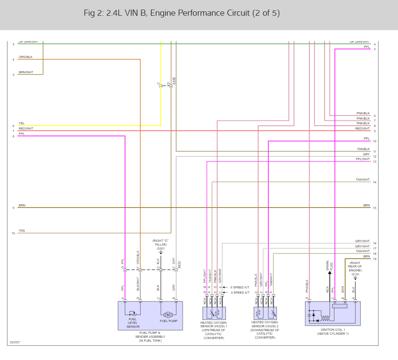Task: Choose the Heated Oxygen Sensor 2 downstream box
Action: click(265, 313)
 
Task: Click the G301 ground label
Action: click(161, 248)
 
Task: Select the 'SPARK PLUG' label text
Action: click(330, 266)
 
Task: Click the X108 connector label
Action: click(174, 81)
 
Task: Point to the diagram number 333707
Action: click(14, 343)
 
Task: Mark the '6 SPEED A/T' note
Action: click(240, 288)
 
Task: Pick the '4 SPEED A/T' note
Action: click(240, 292)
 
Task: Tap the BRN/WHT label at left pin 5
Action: click(26, 72)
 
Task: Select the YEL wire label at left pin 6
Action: click(21, 123)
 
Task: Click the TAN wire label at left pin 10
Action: click(21, 231)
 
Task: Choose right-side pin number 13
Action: click(375, 162)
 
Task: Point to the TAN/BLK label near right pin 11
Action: click(363, 149)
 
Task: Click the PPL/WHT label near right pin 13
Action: click(363, 159)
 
